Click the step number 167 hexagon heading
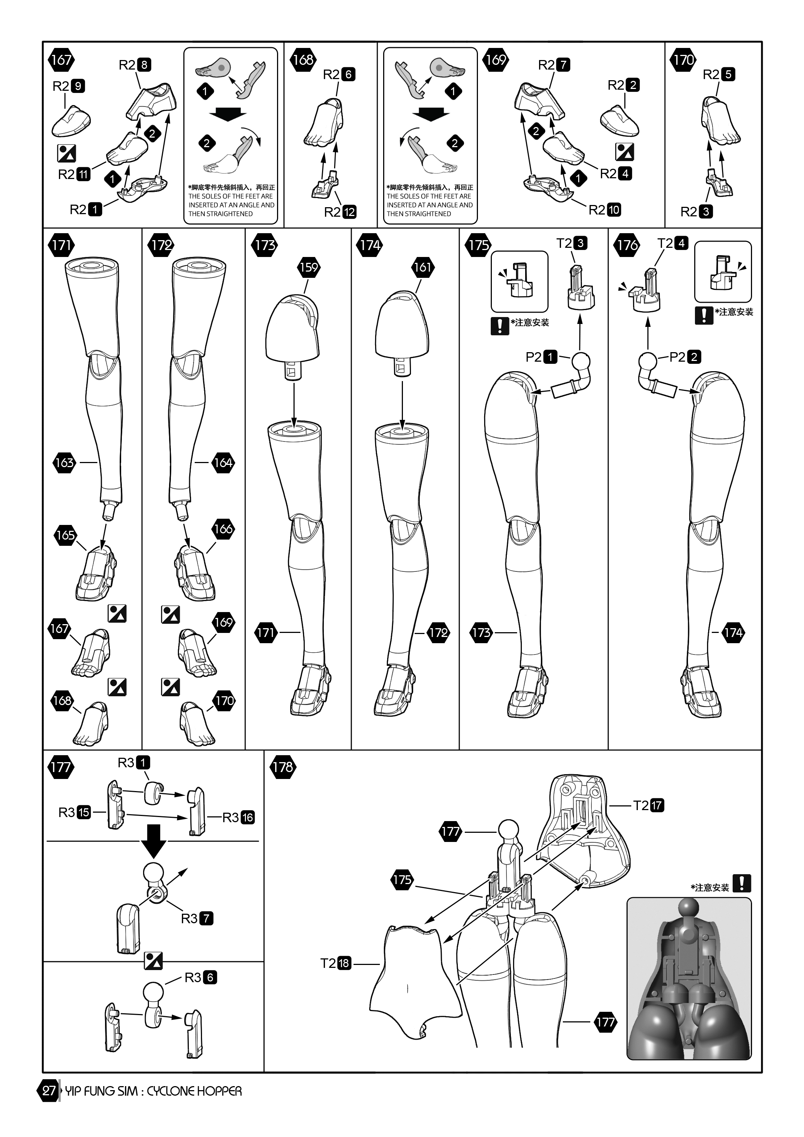[x=61, y=60]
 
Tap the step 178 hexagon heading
[x=283, y=767]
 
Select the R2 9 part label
[x=69, y=86]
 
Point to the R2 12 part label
[x=340, y=212]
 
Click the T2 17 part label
[x=648, y=805]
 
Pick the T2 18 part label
[x=335, y=963]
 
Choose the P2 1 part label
[x=541, y=357]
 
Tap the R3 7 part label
[x=197, y=918]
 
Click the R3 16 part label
[x=238, y=817]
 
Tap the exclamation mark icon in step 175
[x=500, y=325]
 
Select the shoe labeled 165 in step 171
[x=97, y=574]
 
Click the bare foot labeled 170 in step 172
[x=197, y=723]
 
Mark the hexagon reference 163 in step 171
[x=64, y=463]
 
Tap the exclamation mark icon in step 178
[x=741, y=883]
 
